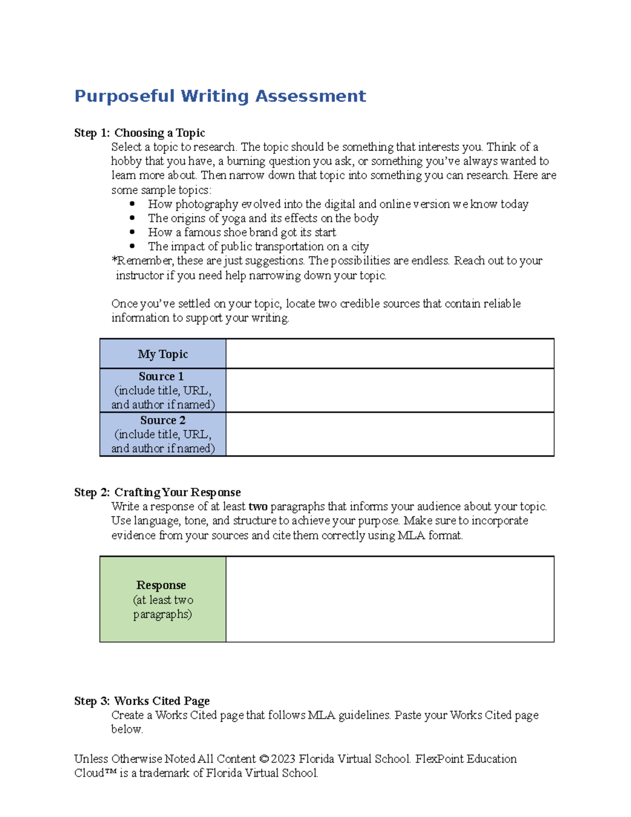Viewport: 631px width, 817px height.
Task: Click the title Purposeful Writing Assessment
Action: coord(220,96)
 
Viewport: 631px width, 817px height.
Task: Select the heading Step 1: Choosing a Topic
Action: coord(139,133)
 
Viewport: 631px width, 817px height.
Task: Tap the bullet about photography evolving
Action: coord(338,204)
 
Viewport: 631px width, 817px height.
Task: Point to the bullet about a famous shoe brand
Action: coord(242,233)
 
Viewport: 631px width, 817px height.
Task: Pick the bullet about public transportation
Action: coord(258,247)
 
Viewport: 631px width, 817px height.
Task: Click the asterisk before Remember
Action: coord(114,260)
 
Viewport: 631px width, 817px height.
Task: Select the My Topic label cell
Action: coord(163,354)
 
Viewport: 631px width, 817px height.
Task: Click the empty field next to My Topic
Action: coord(390,354)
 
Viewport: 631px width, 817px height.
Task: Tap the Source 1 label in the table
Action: coord(161,377)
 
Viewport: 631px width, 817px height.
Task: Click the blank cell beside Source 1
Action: coord(390,390)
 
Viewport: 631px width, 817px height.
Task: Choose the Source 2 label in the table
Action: coord(163,420)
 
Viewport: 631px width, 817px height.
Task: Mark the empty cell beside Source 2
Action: coord(390,434)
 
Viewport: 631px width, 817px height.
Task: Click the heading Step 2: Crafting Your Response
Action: coord(157,492)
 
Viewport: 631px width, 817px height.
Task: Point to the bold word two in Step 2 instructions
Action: coord(258,507)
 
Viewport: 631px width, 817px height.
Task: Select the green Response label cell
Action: coord(163,599)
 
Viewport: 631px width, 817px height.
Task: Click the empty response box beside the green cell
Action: coord(390,599)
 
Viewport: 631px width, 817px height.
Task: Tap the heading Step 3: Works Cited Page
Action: coord(142,701)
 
